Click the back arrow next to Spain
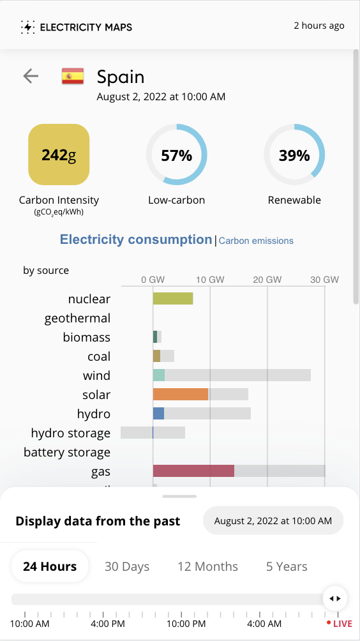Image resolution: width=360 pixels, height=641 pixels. pyautogui.click(x=31, y=75)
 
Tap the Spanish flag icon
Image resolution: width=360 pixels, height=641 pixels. pyautogui.click(x=73, y=76)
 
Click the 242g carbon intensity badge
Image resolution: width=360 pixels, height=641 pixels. pyautogui.click(x=59, y=155)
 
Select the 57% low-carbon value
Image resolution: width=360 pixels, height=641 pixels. pyautogui.click(x=177, y=155)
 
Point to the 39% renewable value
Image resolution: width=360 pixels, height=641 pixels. pyautogui.click(x=294, y=155)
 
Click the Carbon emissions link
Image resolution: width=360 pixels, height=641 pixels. pyautogui.click(x=256, y=241)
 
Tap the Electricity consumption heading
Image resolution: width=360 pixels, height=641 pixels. pyautogui.click(x=136, y=239)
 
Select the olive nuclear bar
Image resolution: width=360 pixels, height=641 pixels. pyautogui.click(x=173, y=299)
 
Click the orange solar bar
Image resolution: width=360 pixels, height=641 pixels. pyautogui.click(x=181, y=394)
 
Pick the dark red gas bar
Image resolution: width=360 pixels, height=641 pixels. pyautogui.click(x=193, y=471)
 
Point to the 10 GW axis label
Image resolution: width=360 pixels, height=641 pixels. pyautogui.click(x=211, y=280)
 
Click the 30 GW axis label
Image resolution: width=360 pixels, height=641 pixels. pyautogui.click(x=325, y=280)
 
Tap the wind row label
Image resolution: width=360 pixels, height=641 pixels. pyautogui.click(x=96, y=375)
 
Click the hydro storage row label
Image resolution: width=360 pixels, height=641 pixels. pyautogui.click(x=71, y=433)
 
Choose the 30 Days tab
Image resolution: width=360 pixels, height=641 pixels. pyautogui.click(x=127, y=566)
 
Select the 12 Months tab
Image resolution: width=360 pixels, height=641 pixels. pyautogui.click(x=207, y=566)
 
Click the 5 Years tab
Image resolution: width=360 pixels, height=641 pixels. pyautogui.click(x=287, y=566)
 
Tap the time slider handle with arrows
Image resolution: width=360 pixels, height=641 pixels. pyautogui.click(x=335, y=598)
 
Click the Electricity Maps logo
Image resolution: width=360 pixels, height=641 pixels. pyautogui.click(x=77, y=27)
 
